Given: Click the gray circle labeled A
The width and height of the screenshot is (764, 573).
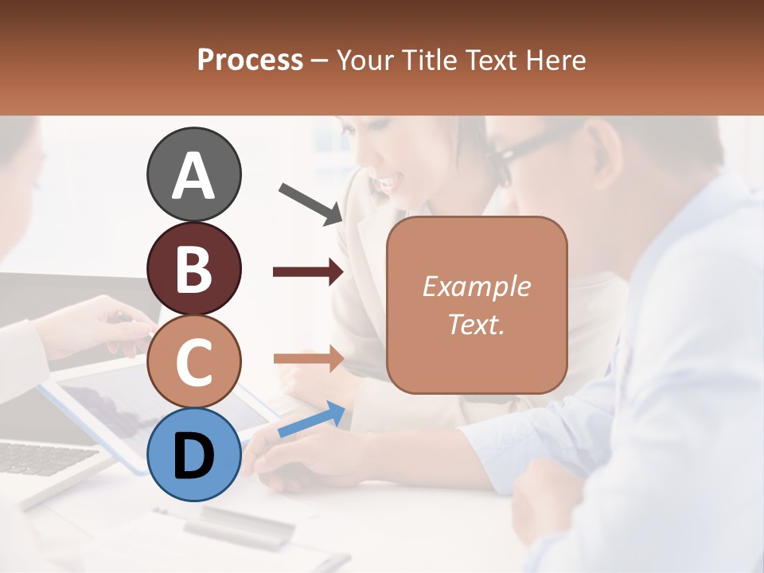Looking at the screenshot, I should point(194,175).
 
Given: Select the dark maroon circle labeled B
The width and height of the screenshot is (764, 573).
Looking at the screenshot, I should point(194,268).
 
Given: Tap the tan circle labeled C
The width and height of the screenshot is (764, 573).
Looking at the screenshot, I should point(194,362).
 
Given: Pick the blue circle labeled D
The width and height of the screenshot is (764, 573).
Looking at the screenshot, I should point(194,455).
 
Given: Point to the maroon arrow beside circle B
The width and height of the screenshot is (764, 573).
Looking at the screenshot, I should point(308,272).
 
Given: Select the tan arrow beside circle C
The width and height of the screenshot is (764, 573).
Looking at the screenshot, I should point(308,358).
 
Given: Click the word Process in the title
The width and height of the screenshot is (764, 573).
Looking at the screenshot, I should point(250,60).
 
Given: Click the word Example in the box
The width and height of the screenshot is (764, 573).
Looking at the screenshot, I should point(476,286).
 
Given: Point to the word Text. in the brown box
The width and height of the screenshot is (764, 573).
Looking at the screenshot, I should point(476,325).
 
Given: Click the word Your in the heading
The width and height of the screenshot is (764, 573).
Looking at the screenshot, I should point(364,60).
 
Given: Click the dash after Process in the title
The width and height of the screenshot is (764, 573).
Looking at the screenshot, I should point(320,60).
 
